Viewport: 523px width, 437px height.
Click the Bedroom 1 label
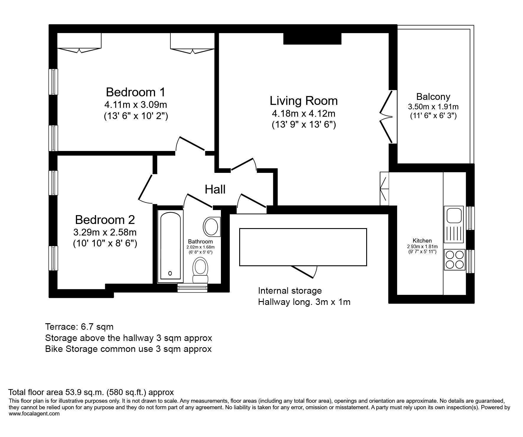click(x=136, y=92)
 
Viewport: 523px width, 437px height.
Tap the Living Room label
click(x=304, y=101)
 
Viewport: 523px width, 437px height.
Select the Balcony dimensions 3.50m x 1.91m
click(x=433, y=107)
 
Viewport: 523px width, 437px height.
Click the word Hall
click(x=215, y=189)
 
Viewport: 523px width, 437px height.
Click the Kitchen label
click(x=422, y=241)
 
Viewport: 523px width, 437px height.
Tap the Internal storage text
click(x=290, y=291)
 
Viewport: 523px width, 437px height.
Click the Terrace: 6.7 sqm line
click(x=79, y=327)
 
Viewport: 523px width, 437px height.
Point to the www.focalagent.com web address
click(x=34, y=414)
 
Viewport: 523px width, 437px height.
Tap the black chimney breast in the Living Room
click(x=312, y=38)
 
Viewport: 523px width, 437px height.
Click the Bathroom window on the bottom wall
click(x=192, y=288)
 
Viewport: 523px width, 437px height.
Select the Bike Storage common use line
click(x=128, y=349)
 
